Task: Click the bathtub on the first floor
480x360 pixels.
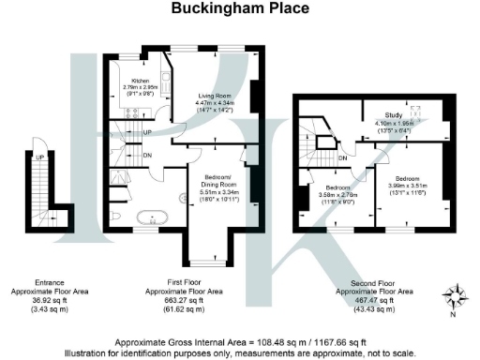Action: tap(151, 221)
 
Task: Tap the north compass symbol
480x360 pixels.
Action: tap(456, 298)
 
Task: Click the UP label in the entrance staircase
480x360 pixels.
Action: tap(39, 157)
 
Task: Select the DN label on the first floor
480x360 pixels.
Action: tap(148, 156)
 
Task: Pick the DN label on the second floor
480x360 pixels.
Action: tap(343, 158)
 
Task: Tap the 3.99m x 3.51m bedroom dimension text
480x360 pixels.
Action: tap(406, 184)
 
